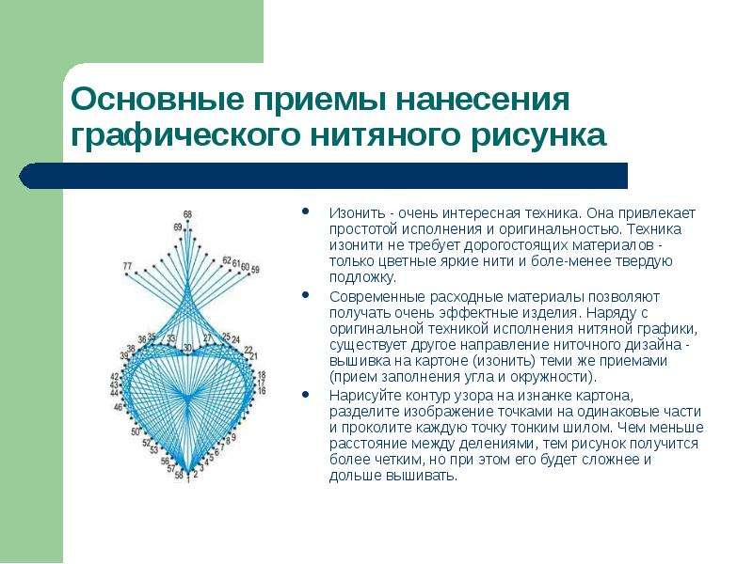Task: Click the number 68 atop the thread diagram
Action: point(187,214)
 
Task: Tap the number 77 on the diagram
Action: point(127,266)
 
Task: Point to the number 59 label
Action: point(255,270)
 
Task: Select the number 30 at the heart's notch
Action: point(187,347)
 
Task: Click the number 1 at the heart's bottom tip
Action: point(188,478)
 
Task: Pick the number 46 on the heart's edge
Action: point(119,407)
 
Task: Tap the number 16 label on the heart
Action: point(262,391)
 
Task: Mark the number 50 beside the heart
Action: point(136,431)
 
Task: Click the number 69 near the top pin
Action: point(178,227)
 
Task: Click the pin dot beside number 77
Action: point(127,274)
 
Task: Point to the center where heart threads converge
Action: point(187,398)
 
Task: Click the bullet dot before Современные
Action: point(305,295)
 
